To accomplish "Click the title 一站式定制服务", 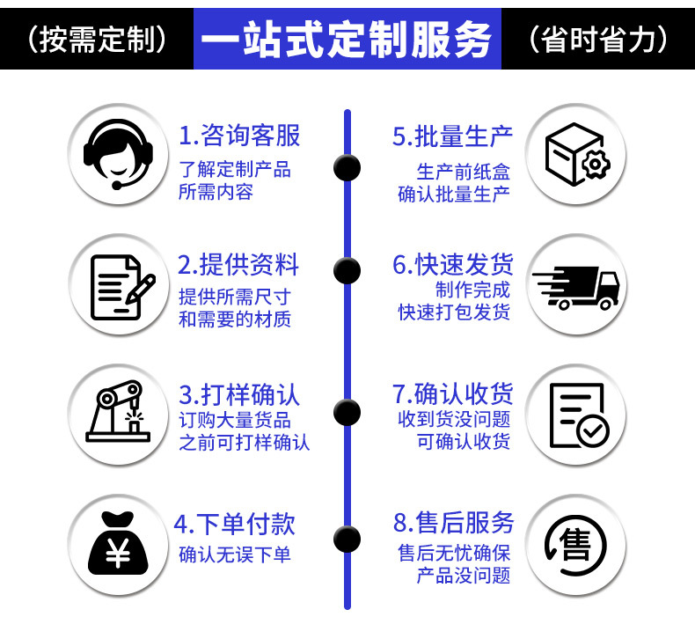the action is [347, 39].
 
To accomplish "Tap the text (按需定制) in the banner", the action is [97, 39].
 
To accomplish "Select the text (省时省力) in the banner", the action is [598, 39].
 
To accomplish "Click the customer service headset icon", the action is [118, 154].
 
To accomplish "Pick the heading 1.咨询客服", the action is [239, 136].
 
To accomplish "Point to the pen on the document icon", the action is [141, 289].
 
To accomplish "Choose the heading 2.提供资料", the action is [238, 265].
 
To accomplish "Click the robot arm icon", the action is [118, 411].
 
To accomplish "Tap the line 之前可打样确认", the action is [244, 443].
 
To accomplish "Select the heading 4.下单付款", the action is [235, 524].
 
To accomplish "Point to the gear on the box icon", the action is [596, 165].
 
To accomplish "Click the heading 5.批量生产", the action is [452, 136].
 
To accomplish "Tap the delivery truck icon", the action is [576, 288].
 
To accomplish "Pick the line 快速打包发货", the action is [454, 312].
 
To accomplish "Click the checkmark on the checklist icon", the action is [593, 430].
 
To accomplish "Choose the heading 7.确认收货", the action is [452, 393].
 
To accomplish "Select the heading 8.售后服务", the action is [453, 522].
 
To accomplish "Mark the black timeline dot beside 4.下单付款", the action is [347, 539].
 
